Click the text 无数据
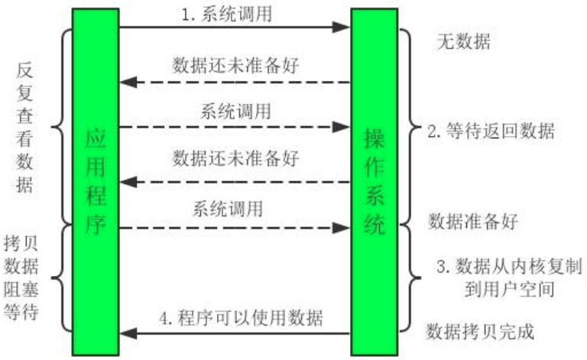tap(462, 41)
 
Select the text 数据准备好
tap(473, 222)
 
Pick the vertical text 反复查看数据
tap(24, 128)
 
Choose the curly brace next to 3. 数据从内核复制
tap(413, 277)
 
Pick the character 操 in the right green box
tap(374, 141)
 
